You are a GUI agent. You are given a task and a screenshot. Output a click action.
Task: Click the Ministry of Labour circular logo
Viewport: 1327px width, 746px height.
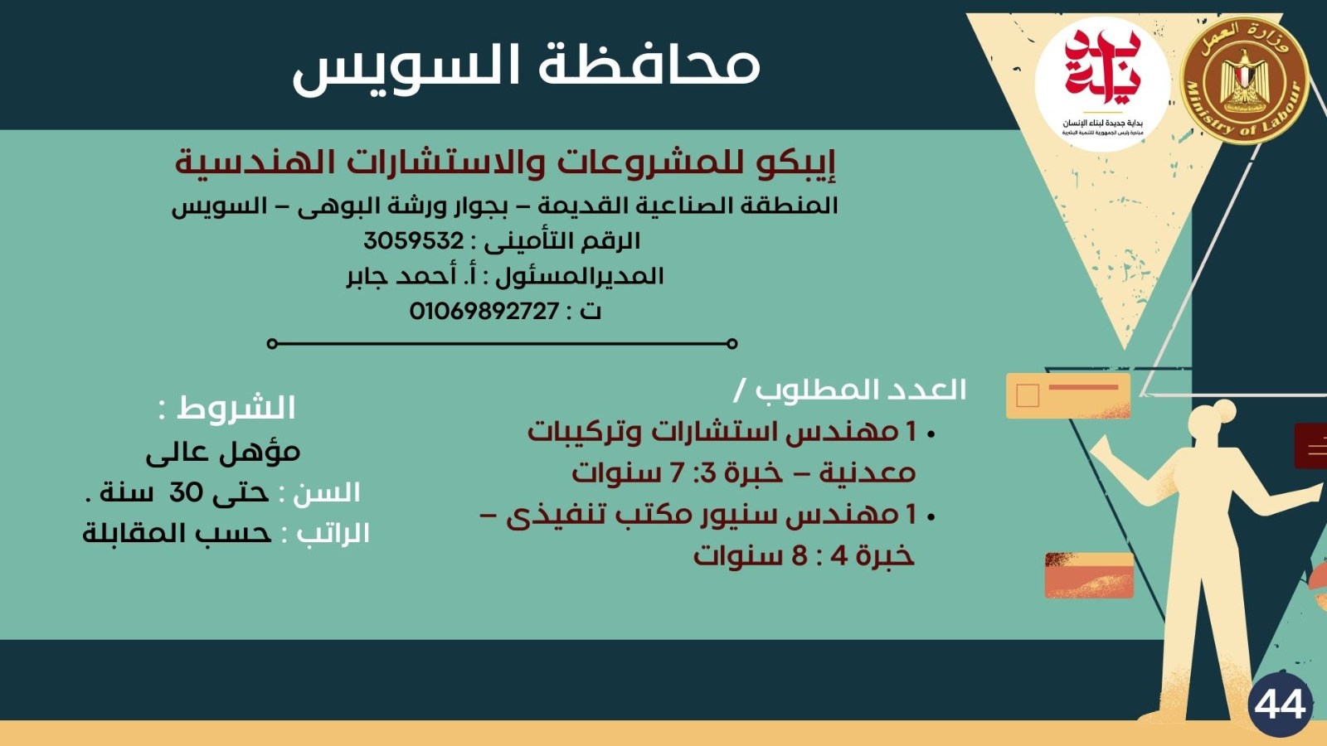pos(1243,80)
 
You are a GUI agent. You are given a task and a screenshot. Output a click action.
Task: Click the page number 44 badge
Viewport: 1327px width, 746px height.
pos(1280,705)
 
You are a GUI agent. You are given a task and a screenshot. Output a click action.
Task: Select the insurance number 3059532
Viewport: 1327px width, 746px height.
pos(414,241)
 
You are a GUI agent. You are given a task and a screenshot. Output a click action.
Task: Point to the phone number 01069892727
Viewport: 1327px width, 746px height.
pos(484,312)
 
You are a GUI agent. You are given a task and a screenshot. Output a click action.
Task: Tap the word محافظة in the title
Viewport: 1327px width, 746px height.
pos(649,65)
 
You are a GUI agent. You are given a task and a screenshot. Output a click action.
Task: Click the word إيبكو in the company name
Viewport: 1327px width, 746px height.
pos(795,162)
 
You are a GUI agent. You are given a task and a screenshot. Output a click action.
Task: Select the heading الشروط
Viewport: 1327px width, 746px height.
pos(236,408)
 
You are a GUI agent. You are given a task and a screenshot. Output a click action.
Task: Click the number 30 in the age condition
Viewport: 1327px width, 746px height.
pos(186,492)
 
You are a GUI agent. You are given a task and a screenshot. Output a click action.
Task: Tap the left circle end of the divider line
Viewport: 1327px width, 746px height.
pos(272,343)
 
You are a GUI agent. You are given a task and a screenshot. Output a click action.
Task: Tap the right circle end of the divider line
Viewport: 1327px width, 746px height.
pos(732,343)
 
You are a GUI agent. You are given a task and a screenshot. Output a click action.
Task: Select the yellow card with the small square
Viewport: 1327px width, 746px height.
pos(1068,395)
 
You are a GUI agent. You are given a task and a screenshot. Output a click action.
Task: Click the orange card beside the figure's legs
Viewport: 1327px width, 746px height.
pos(1088,575)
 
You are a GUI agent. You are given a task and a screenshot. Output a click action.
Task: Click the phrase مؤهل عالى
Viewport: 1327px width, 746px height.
pos(223,452)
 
